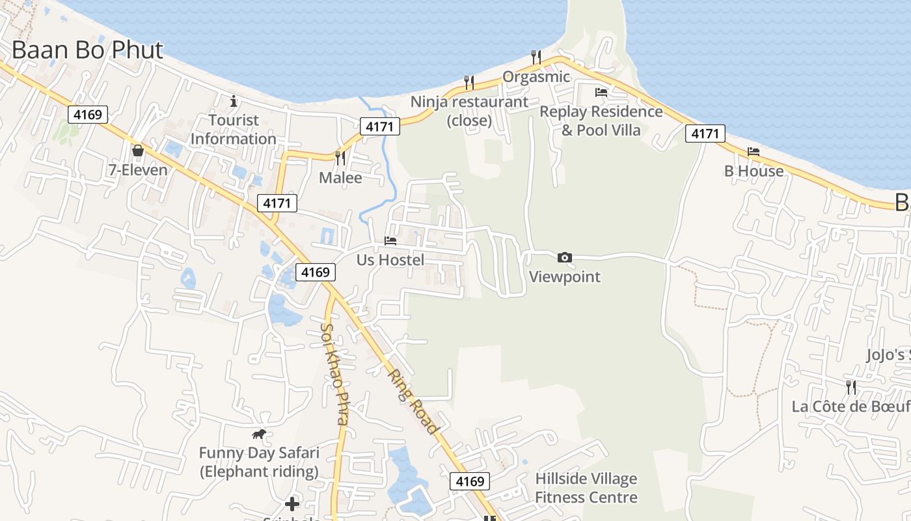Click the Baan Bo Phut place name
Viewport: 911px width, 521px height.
[87, 50]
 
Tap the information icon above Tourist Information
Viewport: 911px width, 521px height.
[234, 101]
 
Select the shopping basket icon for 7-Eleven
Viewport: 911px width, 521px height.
[138, 151]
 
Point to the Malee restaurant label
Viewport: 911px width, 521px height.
[340, 177]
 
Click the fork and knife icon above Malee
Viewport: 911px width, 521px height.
[340, 158]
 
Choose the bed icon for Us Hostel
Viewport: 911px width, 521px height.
[390, 241]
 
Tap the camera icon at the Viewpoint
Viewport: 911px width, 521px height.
[565, 258]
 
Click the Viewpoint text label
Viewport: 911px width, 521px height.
[565, 277]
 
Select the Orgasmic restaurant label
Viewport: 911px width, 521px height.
[536, 77]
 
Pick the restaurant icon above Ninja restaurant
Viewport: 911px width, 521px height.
[469, 82]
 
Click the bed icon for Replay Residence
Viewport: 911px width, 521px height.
[601, 92]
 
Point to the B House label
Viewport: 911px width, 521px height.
[754, 171]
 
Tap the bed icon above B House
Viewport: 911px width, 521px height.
[754, 152]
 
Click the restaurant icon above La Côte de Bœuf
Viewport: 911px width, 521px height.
[851, 387]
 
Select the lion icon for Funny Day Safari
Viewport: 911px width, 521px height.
[259, 434]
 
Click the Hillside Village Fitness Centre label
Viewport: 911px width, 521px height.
[586, 488]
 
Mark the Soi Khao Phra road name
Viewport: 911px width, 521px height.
[336, 374]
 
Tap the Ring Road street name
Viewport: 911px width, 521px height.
[413, 401]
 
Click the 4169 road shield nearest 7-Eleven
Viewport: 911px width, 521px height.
[88, 115]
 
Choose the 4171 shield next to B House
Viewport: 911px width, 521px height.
[705, 134]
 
